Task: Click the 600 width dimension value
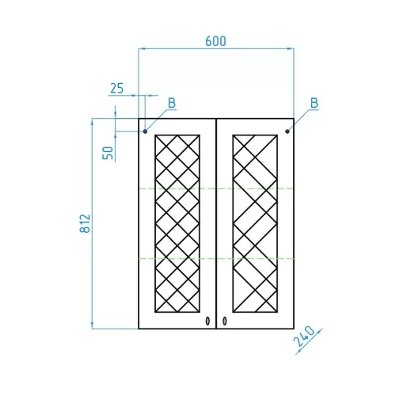(x=215, y=41)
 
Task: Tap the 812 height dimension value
(x=86, y=223)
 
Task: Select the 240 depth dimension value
(x=304, y=337)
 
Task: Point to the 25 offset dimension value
(x=117, y=88)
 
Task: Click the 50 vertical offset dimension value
(x=108, y=153)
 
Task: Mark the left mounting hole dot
(x=145, y=131)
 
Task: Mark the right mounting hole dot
(x=287, y=131)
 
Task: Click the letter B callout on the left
(x=172, y=103)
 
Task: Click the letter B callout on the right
(x=314, y=103)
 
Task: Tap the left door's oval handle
(x=208, y=321)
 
